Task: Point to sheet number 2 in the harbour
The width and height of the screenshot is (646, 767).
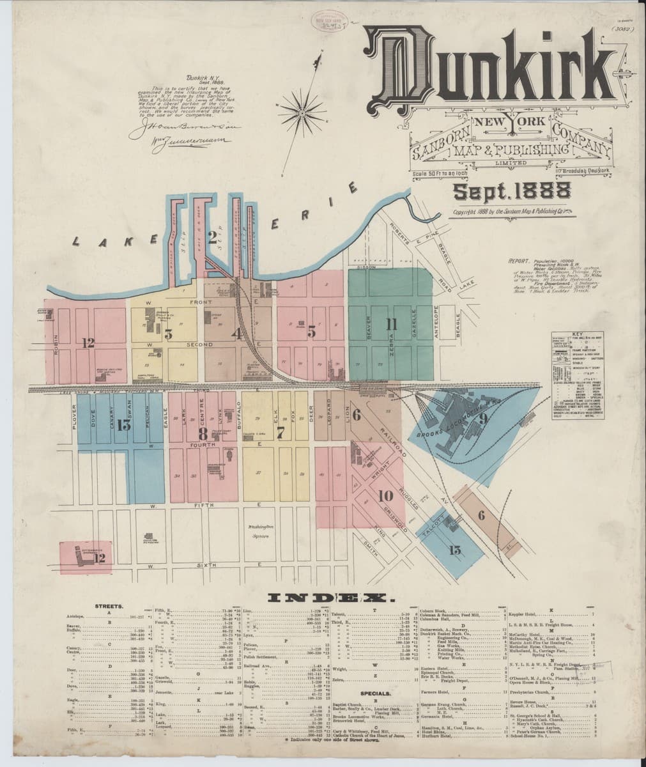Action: point(213,238)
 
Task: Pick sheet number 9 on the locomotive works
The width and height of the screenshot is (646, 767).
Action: point(484,419)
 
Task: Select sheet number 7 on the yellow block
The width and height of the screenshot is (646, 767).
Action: point(280,432)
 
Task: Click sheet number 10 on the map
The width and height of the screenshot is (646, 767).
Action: point(385,495)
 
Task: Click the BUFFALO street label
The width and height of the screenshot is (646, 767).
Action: point(238,414)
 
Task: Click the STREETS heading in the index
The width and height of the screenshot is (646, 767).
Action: point(109,605)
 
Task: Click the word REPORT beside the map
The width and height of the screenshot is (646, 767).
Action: point(521,261)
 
